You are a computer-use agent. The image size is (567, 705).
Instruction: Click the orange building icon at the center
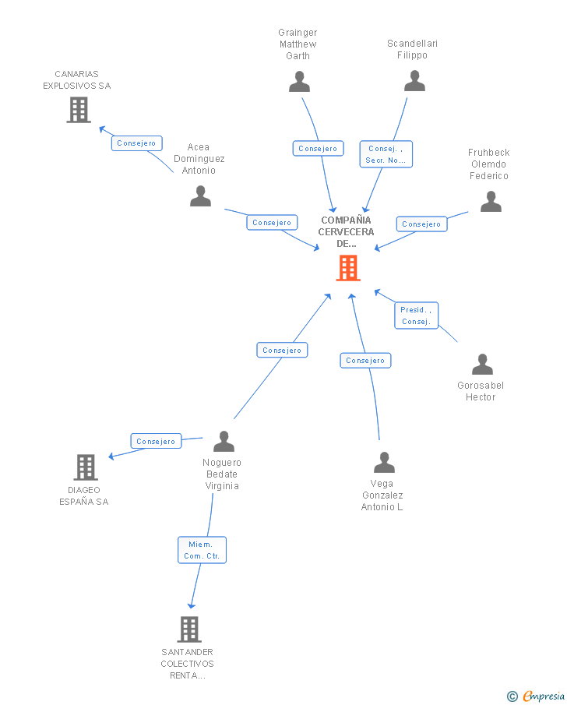click(x=347, y=268)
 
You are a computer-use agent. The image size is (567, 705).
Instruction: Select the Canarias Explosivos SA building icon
click(x=78, y=110)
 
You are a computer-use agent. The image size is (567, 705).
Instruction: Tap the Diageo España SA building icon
click(x=85, y=467)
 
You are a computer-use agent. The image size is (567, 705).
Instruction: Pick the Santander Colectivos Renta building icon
click(x=188, y=629)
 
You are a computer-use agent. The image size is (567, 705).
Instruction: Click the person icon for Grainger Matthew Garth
click(x=299, y=81)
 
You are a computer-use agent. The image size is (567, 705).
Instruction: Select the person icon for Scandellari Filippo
click(x=414, y=80)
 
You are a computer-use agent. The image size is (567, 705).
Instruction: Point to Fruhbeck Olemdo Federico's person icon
click(x=491, y=201)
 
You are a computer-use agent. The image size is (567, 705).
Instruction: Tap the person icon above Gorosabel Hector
click(x=482, y=364)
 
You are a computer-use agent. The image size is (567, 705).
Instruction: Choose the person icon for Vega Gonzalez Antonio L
click(x=384, y=463)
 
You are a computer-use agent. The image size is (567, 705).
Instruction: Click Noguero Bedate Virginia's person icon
click(x=224, y=441)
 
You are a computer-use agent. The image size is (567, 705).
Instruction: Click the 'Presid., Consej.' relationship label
click(x=416, y=315)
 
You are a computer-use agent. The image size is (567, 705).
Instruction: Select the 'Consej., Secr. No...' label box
click(x=386, y=154)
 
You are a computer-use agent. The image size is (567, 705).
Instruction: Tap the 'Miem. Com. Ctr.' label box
click(x=202, y=550)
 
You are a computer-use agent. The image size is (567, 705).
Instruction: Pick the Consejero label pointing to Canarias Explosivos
click(x=136, y=143)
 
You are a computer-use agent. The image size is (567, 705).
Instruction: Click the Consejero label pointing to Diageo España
click(x=156, y=441)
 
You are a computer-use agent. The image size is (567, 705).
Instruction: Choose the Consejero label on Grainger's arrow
click(x=318, y=148)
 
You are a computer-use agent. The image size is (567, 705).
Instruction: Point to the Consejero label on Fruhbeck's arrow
click(x=421, y=224)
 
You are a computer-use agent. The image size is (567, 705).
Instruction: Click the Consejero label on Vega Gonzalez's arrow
click(x=365, y=361)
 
